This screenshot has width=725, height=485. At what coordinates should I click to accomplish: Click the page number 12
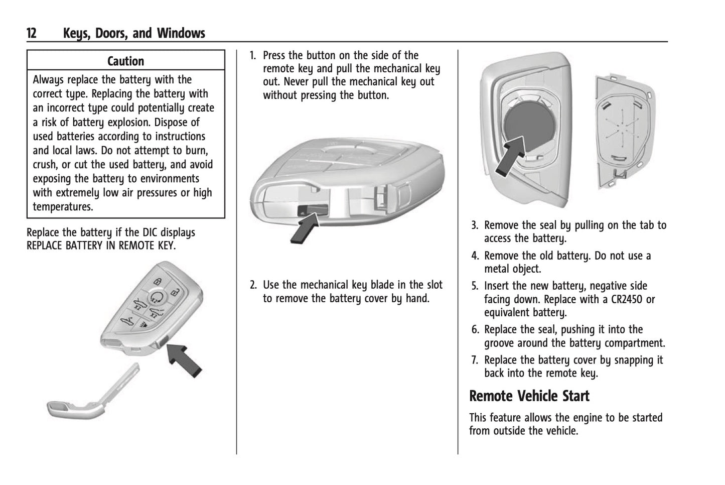pyautogui.click(x=31, y=34)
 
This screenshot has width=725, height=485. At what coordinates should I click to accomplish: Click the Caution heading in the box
pyautogui.click(x=125, y=61)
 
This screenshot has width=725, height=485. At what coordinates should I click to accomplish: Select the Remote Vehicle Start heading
pyautogui.click(x=529, y=396)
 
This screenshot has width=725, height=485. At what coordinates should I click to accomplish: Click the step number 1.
pyautogui.click(x=253, y=55)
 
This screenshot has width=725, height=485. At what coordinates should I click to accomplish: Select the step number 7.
pyautogui.click(x=474, y=360)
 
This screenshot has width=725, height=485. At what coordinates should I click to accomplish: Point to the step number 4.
pyautogui.click(x=474, y=256)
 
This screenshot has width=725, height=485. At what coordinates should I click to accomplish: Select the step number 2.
pyautogui.click(x=253, y=285)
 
